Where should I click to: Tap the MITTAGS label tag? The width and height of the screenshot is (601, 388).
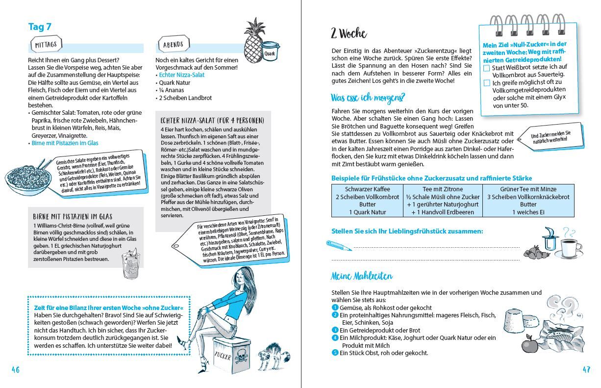[46, 44]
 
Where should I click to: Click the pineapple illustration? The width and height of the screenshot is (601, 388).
[254, 39]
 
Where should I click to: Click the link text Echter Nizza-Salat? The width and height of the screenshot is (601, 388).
[182, 75]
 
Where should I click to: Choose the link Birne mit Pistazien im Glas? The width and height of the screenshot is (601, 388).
[65, 143]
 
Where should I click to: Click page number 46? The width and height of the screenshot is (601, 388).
[16, 370]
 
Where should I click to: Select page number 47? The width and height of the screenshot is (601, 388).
[586, 370]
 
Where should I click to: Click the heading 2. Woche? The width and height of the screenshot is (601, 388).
[349, 33]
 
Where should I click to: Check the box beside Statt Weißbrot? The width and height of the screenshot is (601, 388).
[487, 68]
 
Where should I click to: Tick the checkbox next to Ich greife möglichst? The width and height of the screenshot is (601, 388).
[487, 83]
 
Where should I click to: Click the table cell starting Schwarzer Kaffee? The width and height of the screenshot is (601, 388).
[367, 201]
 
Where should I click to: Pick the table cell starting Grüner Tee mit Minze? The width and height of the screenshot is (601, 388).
[528, 201]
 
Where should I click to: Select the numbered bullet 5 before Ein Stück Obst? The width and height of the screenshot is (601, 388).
[335, 353]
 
